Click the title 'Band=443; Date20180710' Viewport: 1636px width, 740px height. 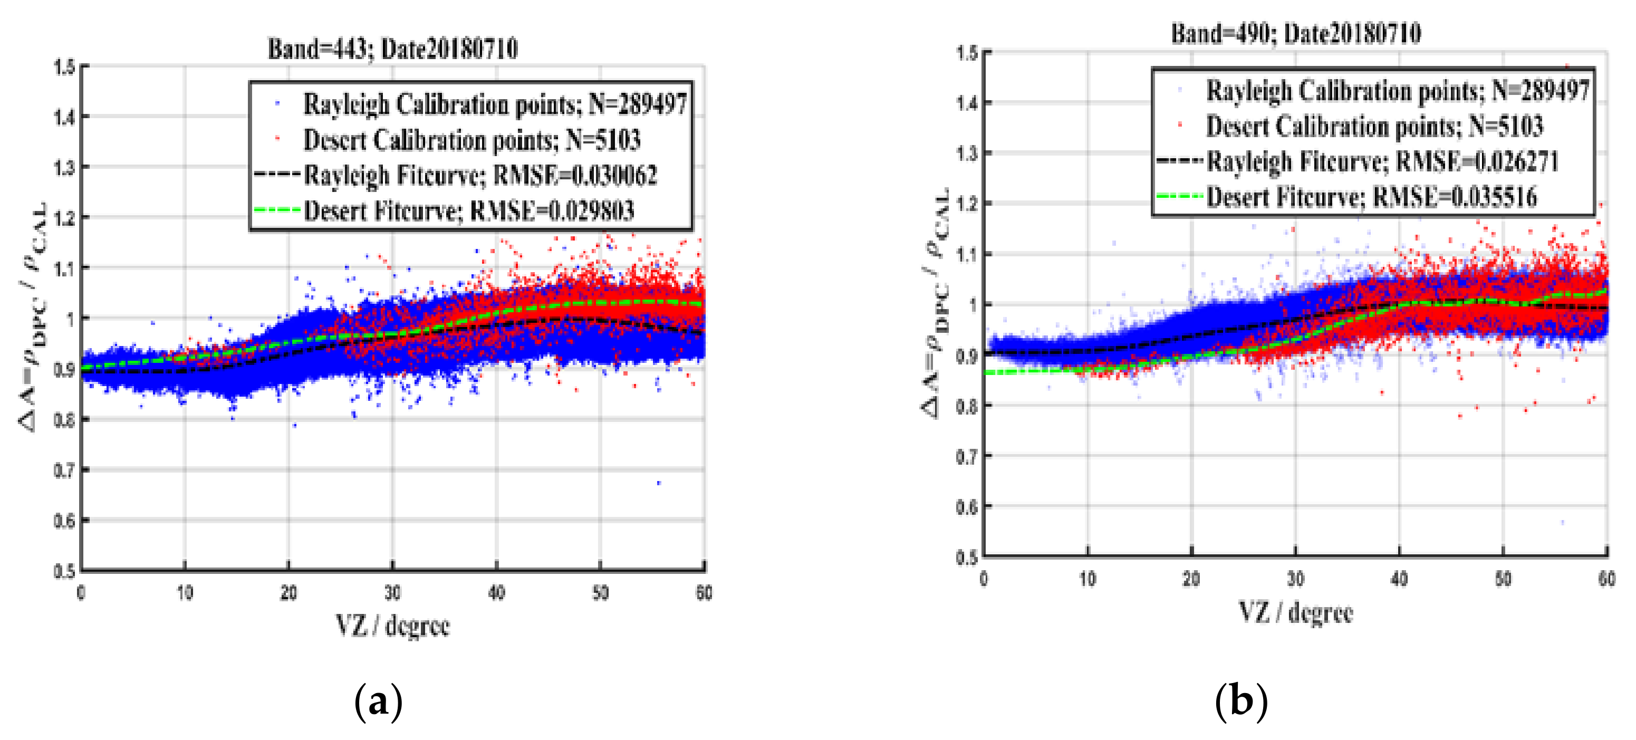(392, 49)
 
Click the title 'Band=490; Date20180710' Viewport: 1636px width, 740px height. (1296, 33)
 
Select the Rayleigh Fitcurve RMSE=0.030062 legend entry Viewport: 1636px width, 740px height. (480, 175)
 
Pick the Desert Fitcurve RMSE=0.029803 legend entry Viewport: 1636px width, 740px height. (469, 211)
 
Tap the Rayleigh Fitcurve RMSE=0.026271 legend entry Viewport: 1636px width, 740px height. (1382, 161)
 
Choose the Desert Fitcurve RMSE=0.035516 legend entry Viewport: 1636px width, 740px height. (1371, 197)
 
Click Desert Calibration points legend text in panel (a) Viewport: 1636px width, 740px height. (471, 140)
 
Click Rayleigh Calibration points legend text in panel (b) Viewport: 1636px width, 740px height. (1397, 91)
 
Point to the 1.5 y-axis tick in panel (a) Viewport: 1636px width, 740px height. (64, 66)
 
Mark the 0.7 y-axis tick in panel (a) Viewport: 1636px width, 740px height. (64, 470)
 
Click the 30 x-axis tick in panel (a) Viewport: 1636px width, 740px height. (392, 593)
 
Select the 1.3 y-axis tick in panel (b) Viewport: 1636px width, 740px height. (967, 153)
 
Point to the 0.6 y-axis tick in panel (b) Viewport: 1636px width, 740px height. (967, 507)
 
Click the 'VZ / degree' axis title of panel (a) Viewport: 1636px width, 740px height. (392, 626)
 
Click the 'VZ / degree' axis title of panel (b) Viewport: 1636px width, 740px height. (1296, 612)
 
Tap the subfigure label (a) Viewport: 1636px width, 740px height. (379, 702)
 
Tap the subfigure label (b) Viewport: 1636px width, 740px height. (1241, 701)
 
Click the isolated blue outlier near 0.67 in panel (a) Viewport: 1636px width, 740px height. (659, 483)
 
